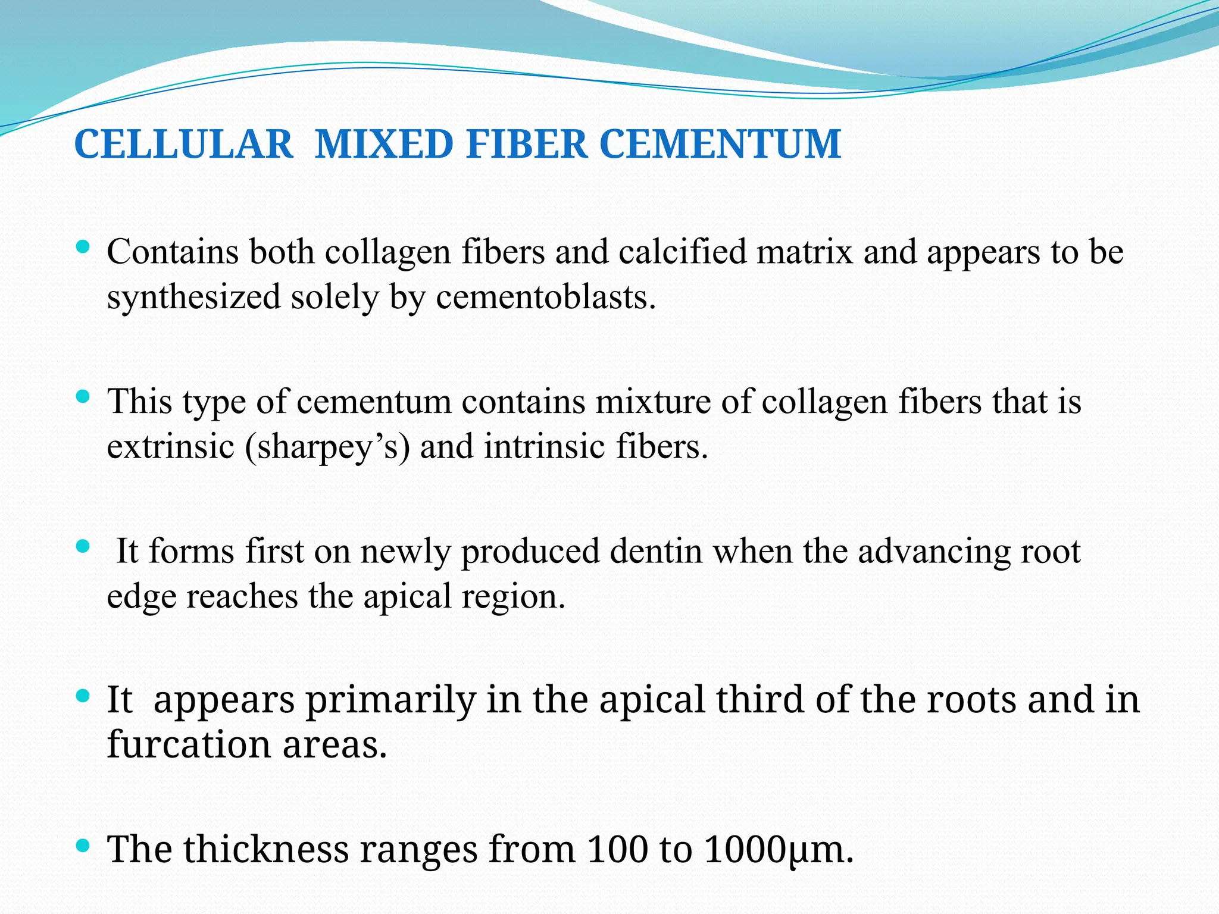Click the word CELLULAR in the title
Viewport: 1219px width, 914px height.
click(184, 145)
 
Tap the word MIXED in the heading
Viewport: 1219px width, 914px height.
click(384, 145)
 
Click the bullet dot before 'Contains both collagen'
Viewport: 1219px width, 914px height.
click(83, 246)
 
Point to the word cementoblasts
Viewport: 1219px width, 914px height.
click(545, 297)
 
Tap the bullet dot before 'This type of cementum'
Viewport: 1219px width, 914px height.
click(83, 396)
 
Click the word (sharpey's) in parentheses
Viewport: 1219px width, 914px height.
click(327, 446)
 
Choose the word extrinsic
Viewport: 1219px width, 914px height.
click(171, 446)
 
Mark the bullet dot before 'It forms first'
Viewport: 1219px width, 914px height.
click(83, 545)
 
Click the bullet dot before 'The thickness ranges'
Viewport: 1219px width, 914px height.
click(83, 844)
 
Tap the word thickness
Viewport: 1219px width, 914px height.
click(266, 849)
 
